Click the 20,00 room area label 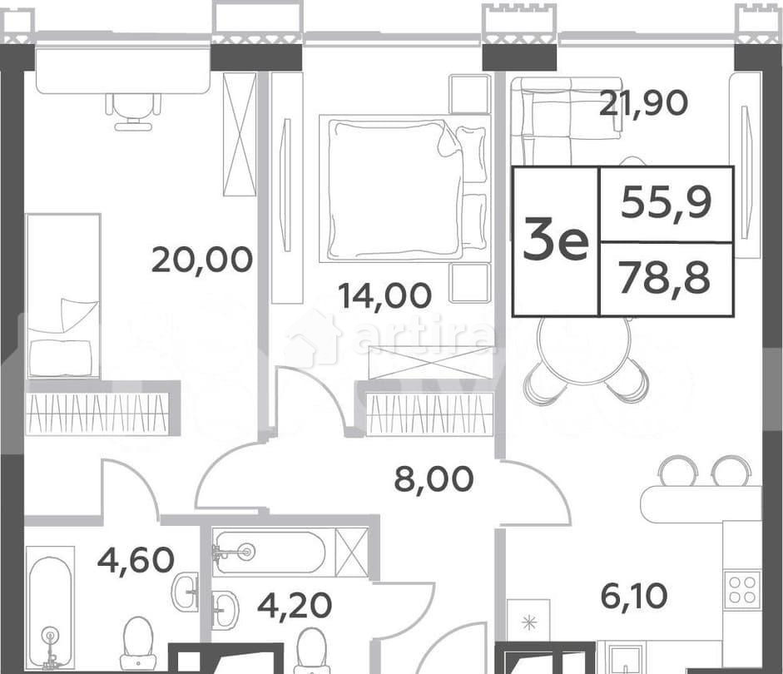[x=202, y=260]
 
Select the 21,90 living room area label [x=643, y=103]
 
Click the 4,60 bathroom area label [x=136, y=558]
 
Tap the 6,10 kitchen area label [x=632, y=596]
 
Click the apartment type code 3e [x=556, y=241]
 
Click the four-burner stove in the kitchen [x=742, y=589]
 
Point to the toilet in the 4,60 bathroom [x=138, y=644]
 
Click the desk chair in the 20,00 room [x=133, y=112]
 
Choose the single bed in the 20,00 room [x=62, y=296]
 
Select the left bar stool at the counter [x=678, y=472]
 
